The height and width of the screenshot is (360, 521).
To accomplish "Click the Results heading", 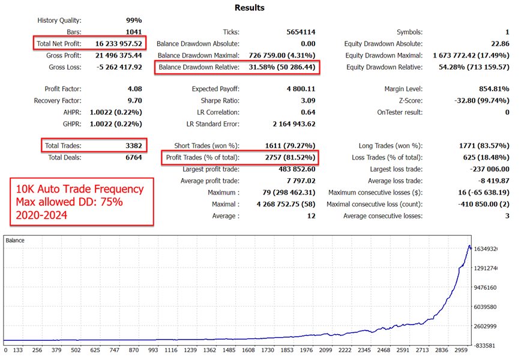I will (x=248, y=8).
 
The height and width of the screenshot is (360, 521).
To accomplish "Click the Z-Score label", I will (x=409, y=101).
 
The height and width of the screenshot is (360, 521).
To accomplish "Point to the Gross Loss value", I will (x=120, y=67).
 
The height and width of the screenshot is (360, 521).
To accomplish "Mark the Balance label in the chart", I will (x=16, y=241).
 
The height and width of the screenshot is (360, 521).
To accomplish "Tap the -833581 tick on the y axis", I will (x=486, y=346).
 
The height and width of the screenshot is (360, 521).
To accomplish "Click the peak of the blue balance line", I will (x=469, y=245).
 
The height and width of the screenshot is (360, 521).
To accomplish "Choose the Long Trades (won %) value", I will (x=483, y=146).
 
